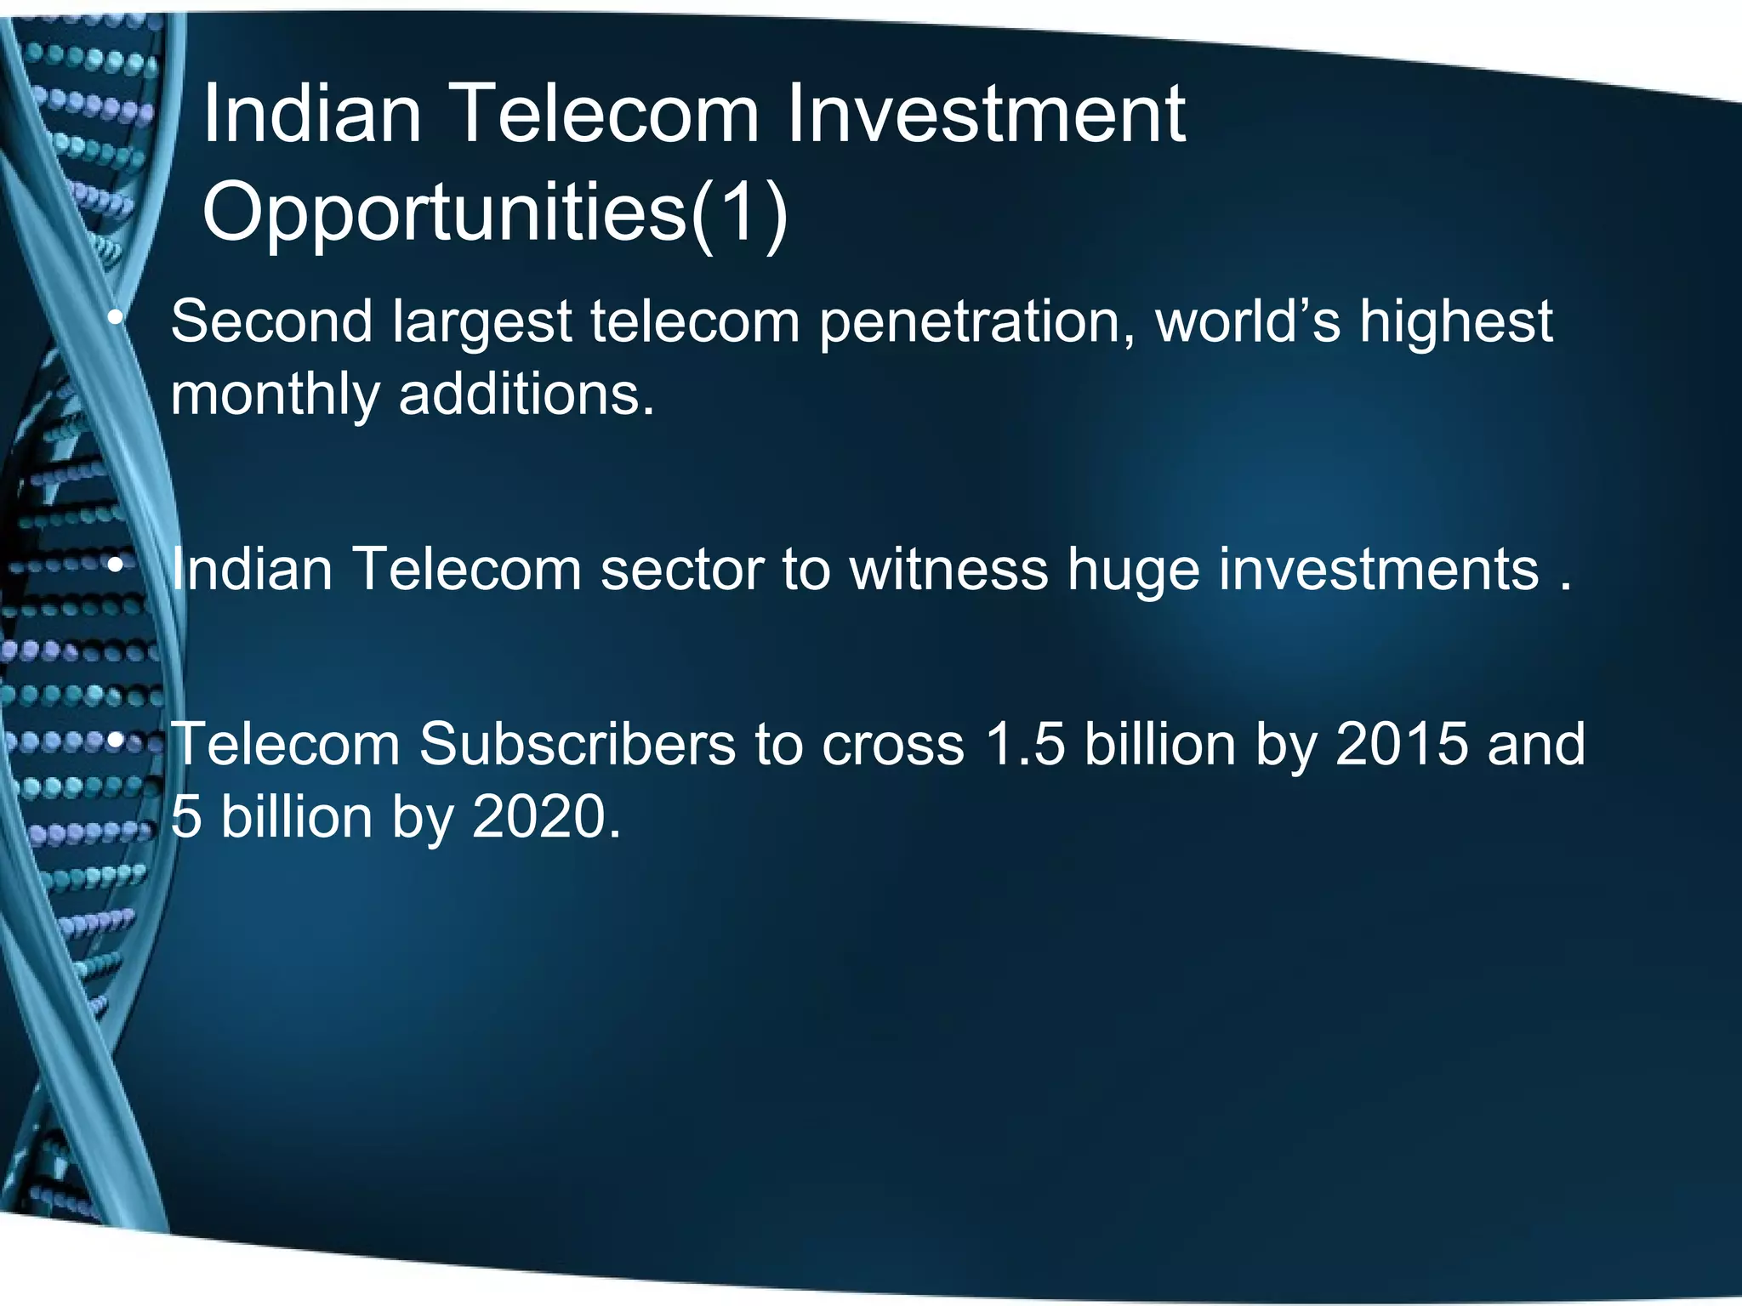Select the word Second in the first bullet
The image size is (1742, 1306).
coord(271,321)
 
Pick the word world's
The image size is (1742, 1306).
coord(1248,321)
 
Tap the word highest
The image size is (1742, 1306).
coord(1455,323)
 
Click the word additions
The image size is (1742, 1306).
coord(527,395)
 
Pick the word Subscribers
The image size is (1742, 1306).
coord(577,744)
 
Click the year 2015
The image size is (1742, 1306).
coord(1401,744)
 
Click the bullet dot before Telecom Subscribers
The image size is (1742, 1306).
coord(117,742)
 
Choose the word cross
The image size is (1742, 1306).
coord(892,744)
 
